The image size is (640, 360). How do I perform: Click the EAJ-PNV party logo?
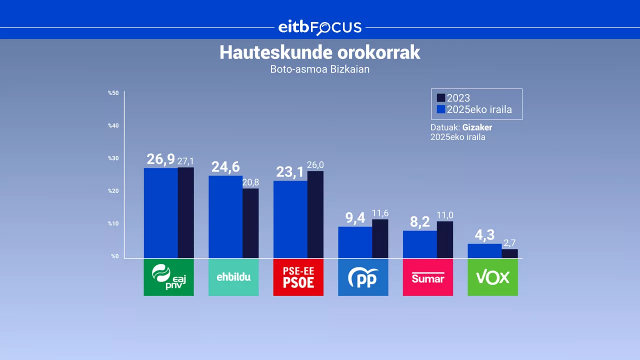168,277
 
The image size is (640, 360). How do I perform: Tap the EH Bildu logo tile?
233,277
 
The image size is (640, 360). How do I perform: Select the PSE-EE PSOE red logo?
298,277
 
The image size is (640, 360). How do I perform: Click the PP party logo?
363,277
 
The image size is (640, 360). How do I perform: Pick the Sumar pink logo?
427,277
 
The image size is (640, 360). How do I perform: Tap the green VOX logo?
492,277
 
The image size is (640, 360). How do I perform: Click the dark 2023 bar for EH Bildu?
250,223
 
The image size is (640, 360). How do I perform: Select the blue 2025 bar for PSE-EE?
290,219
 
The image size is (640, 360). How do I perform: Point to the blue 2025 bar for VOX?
484,250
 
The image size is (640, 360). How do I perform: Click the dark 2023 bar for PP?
380,238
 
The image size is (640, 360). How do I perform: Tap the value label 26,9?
160,159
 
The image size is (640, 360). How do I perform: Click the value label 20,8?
251,182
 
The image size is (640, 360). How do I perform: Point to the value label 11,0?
445,215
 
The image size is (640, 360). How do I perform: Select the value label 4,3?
484,235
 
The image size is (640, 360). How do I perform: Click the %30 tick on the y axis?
113,158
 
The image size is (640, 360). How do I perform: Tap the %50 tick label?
113,93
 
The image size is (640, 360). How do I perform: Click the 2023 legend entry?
453,98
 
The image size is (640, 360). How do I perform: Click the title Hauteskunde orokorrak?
319,53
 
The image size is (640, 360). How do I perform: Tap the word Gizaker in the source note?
477,127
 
